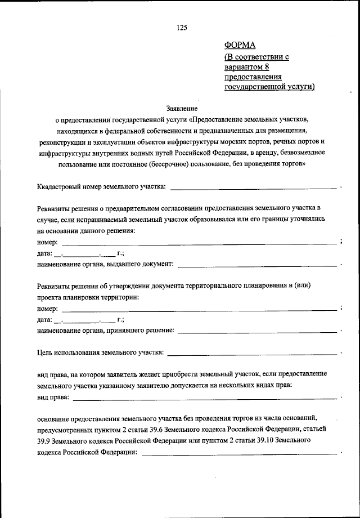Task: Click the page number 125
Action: click(x=181, y=28)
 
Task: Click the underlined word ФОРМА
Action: click(x=240, y=46)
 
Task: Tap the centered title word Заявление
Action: click(x=182, y=108)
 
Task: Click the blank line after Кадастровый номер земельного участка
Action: click(x=253, y=186)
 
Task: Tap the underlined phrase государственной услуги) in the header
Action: click(x=269, y=87)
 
